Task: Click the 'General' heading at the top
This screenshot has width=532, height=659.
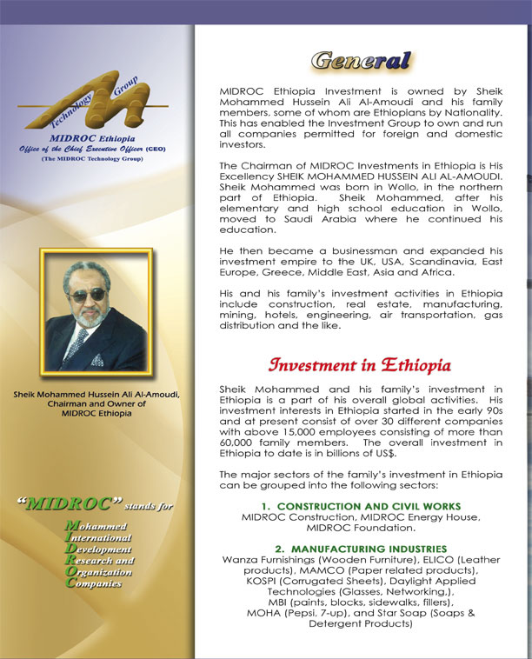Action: point(360,61)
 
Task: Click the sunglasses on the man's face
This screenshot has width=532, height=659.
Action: point(87,296)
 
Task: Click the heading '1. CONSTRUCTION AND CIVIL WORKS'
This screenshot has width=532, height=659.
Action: point(361,507)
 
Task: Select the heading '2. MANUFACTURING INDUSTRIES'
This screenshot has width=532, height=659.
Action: point(360,549)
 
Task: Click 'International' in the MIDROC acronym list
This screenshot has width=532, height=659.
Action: point(98,538)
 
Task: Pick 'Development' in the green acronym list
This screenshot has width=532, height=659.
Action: point(98,549)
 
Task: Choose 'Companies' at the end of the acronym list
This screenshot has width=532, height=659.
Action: point(96,583)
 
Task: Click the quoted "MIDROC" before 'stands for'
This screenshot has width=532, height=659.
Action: point(70,503)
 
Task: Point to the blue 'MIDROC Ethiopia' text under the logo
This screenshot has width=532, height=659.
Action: point(86,138)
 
